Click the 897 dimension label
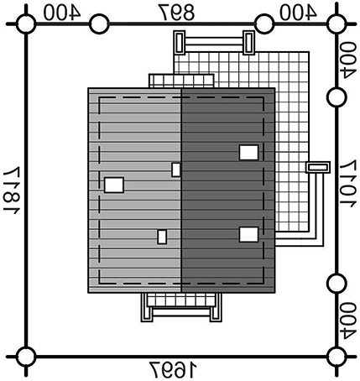[x=177, y=13]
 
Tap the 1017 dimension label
[x=348, y=184]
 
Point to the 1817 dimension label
[x=12, y=190]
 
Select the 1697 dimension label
[x=173, y=370]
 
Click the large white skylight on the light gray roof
[x=114, y=185]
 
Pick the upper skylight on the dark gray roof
[x=248, y=153]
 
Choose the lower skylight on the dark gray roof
[x=248, y=234]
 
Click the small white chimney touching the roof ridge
[x=176, y=170]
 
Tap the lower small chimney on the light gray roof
[x=162, y=237]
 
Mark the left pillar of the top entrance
[x=180, y=42]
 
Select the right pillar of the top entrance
[x=248, y=42]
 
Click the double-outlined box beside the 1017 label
[x=318, y=167]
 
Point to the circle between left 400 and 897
[x=99, y=24]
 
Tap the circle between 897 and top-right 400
[x=264, y=24]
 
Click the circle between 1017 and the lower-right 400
[x=337, y=284]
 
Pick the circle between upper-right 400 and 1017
[x=337, y=97]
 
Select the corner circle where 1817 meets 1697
[x=26, y=357]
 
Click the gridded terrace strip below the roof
[x=181, y=300]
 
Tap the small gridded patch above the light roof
[x=181, y=81]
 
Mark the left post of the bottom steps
[x=147, y=307]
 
